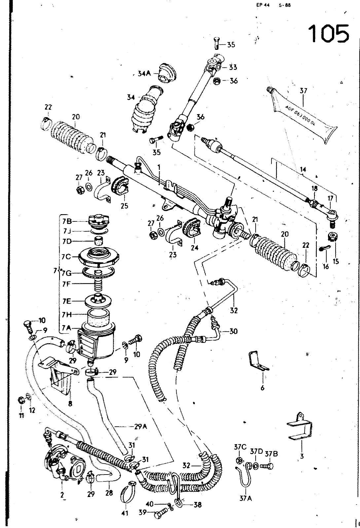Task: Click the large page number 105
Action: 328,33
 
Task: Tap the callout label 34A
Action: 144,74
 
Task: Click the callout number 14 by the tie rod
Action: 303,170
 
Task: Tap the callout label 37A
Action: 245,498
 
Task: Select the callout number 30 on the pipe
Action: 233,331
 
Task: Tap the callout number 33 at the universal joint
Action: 233,67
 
